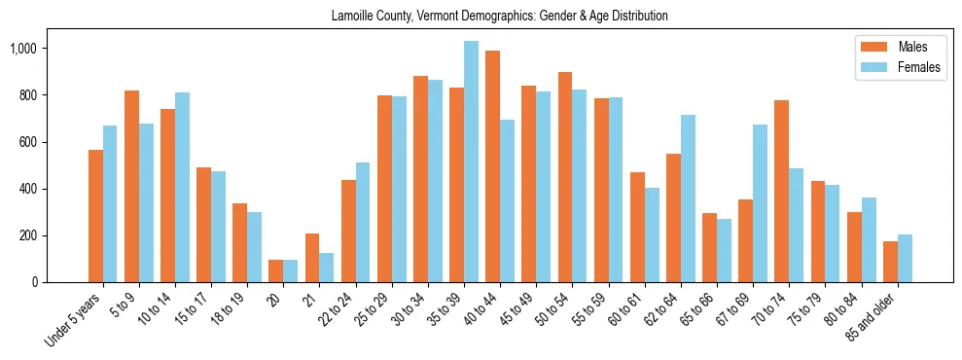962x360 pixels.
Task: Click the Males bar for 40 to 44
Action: pyautogui.click(x=492, y=166)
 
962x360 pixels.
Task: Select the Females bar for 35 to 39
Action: pyautogui.click(x=471, y=162)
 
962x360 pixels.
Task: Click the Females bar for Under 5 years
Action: pyautogui.click(x=110, y=204)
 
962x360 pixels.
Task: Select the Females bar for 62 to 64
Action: pyautogui.click(x=688, y=198)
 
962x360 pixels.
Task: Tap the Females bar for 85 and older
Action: pyautogui.click(x=905, y=259)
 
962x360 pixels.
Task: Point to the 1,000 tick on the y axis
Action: pyautogui.click(x=43, y=49)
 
